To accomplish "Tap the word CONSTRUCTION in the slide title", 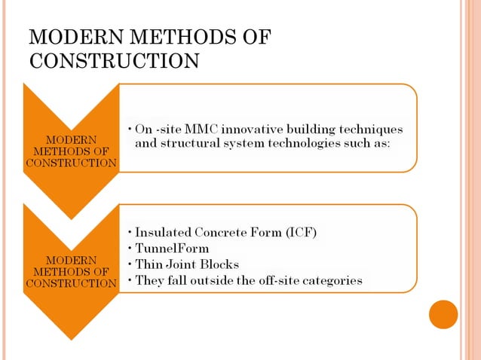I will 114,60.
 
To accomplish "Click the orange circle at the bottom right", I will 443,314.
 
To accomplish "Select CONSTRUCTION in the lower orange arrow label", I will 70,283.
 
